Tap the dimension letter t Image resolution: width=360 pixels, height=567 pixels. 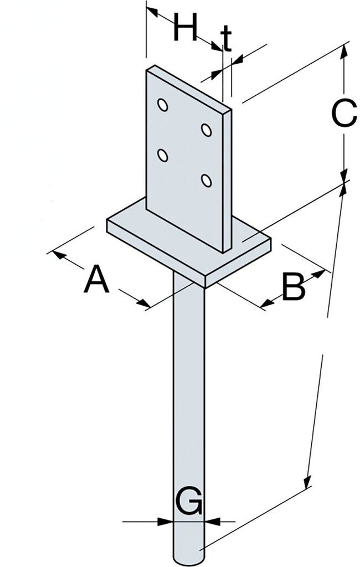point(226,38)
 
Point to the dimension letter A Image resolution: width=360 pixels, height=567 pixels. point(96,279)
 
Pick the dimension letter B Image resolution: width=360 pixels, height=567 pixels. point(294,287)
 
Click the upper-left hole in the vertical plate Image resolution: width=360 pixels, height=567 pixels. point(162,105)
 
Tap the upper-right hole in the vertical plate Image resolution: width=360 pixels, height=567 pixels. point(206,130)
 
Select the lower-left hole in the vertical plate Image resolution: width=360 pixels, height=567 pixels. point(162,156)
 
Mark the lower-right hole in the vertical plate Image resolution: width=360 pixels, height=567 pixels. point(206,181)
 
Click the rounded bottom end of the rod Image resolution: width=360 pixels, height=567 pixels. point(188,556)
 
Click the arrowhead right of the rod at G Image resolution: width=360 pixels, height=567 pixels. point(212,521)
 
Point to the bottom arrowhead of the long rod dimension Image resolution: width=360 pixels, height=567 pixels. point(307,482)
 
